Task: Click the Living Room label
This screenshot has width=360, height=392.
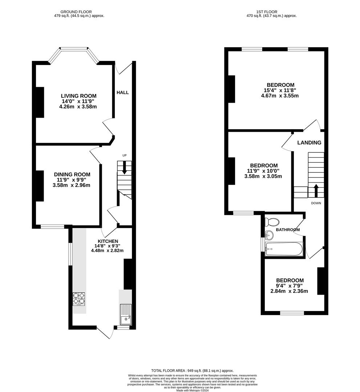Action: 78,96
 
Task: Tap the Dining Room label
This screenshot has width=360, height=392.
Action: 72,174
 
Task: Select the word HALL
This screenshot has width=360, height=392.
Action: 122,93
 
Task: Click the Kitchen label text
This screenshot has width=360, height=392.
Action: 108,241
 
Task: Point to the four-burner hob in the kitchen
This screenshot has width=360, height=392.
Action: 79,298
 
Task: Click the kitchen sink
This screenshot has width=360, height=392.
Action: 125,315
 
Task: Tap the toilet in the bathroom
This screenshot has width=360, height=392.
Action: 272,222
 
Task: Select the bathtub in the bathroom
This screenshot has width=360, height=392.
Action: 284,249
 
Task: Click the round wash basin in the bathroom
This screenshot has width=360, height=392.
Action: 269,235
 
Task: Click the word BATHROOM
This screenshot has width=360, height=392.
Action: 288,230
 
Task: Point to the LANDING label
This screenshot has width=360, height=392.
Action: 309,143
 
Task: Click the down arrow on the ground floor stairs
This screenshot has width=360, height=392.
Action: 124,168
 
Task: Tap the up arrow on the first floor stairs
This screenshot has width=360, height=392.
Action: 315,190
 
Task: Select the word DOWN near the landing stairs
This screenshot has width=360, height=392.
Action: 316,203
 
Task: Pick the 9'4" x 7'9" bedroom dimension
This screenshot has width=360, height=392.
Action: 290,286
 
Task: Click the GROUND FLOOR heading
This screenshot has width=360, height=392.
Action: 76,12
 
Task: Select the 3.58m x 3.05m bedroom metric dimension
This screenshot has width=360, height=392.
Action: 263,176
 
